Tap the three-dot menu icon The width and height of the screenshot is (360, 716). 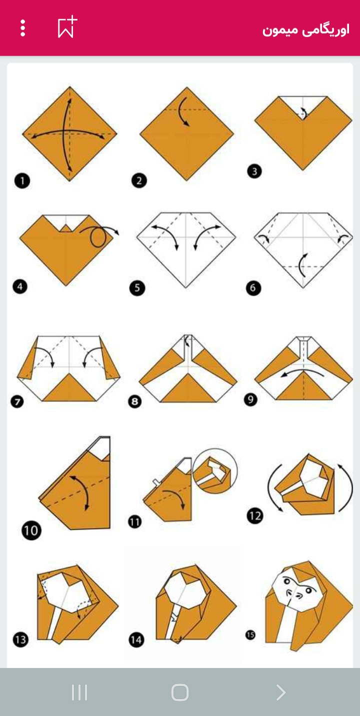click(22, 28)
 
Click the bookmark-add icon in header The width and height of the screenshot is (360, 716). click(67, 27)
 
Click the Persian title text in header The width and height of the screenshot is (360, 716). click(305, 30)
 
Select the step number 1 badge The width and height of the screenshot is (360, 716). click(22, 180)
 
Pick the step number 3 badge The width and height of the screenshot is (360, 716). click(254, 171)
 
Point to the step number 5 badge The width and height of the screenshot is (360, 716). click(137, 287)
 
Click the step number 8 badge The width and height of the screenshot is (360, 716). click(135, 401)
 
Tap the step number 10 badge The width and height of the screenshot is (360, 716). click(31, 530)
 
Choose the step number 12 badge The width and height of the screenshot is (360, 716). click(255, 515)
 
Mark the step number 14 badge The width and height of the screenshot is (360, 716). click(136, 640)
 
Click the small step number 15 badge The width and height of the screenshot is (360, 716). click(250, 635)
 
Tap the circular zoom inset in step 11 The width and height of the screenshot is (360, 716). click(215, 471)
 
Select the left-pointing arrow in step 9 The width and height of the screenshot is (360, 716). click(302, 371)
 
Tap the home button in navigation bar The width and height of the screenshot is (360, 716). click(180, 692)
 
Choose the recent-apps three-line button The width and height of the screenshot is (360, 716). click(79, 692)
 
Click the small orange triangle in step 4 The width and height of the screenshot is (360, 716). click(66, 228)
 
